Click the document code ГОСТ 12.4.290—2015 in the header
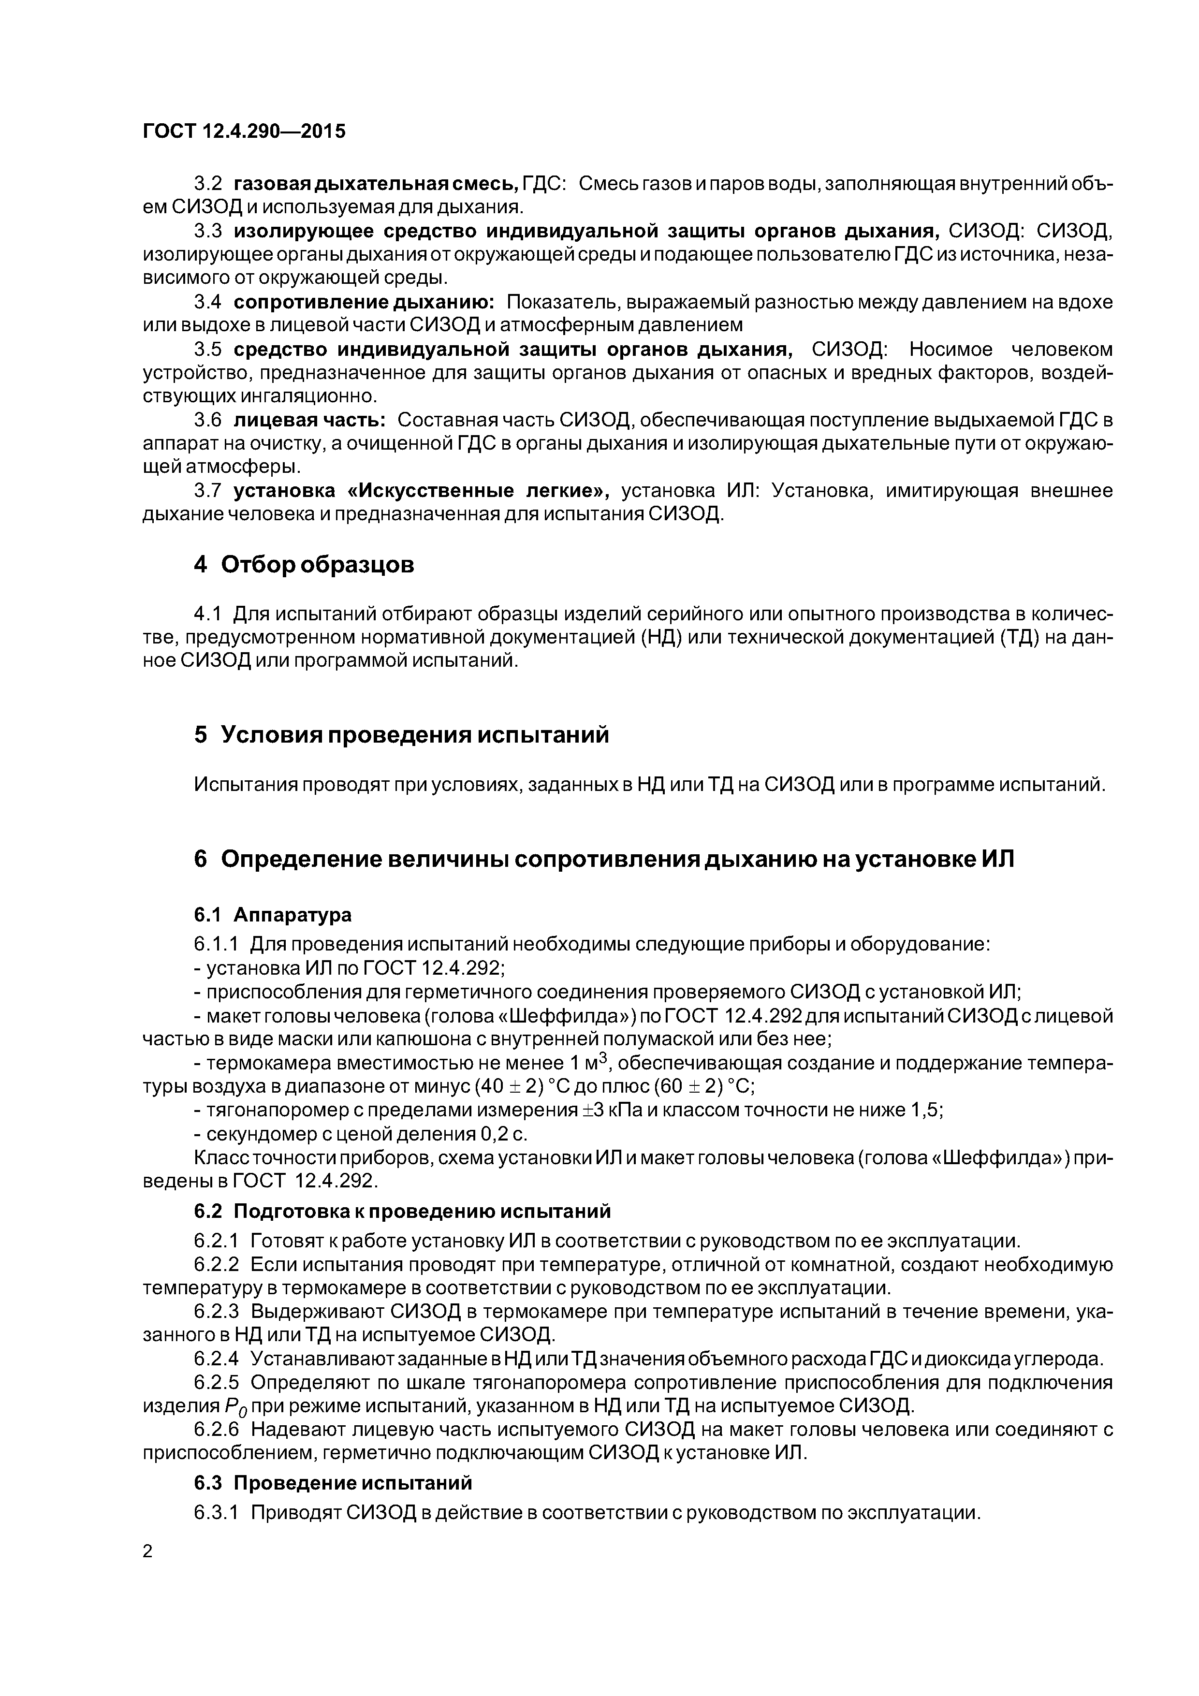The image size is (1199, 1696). pos(244,132)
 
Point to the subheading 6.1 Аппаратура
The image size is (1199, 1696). pos(273,915)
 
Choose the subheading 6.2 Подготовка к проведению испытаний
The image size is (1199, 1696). pos(403,1212)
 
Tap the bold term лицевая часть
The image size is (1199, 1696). pos(309,420)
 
